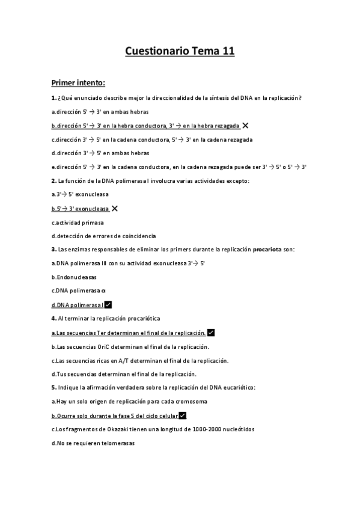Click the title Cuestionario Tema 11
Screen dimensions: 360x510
pos(180,51)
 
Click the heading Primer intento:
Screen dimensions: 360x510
pos(78,82)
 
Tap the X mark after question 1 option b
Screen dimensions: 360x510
pos(245,125)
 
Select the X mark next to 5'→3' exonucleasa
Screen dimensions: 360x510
pos(114,208)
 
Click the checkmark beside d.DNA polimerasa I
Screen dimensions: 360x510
pos(108,305)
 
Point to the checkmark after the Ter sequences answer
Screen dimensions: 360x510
pos(211,333)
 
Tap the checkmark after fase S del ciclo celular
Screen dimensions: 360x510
pos(183,416)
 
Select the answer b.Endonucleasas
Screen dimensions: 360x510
pos(74,277)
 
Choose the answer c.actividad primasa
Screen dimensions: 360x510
pos(78,222)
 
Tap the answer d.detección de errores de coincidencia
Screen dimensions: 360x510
pos(103,236)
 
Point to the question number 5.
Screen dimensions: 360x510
pos(53,388)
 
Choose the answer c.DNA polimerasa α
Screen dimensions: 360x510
pos(78,291)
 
